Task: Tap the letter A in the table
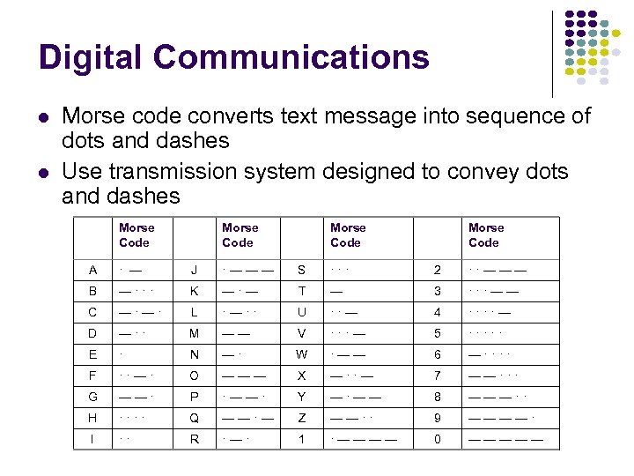93,268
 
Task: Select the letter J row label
195,268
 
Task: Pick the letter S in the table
300,268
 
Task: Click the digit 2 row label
438,268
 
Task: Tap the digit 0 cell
438,439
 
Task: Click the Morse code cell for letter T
337,290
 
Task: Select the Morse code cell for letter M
235,332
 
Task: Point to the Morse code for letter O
244,375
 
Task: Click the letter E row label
93,353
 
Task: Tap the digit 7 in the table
438,375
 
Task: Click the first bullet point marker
43,116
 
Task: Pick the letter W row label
300,353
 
